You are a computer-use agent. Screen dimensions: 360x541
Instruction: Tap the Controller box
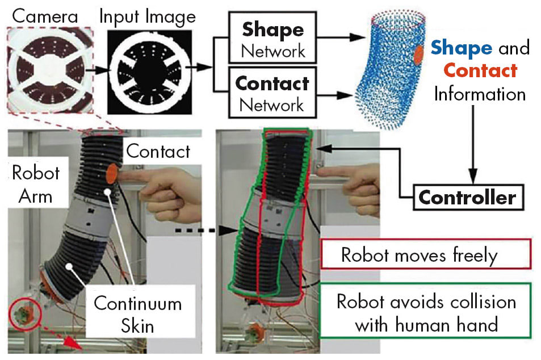pos(467,198)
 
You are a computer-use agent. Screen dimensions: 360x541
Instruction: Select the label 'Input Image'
pos(147,15)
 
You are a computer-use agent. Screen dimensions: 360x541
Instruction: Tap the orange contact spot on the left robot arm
pos(111,174)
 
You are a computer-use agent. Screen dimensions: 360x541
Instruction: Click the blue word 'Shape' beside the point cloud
pos(461,48)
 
